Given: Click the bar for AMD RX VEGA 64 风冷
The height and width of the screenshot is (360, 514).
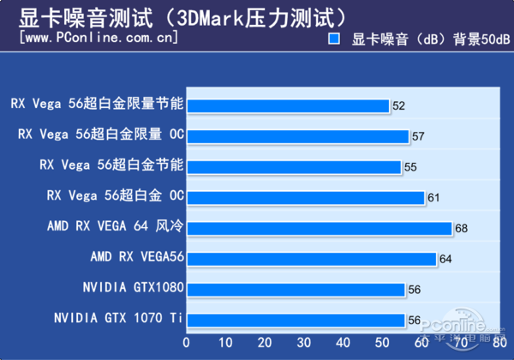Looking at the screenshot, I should (x=319, y=228).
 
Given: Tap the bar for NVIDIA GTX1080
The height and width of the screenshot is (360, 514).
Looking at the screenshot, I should (x=296, y=289).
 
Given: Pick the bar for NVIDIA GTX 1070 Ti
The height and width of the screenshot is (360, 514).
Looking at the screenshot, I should (x=296, y=320).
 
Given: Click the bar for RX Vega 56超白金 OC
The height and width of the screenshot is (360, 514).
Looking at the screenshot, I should (x=305, y=197).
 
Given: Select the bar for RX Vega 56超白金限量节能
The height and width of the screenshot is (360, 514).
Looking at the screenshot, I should (x=288, y=105).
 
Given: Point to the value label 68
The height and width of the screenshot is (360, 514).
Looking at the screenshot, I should (x=461, y=229).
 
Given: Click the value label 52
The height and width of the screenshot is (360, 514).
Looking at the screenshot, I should (x=398, y=106).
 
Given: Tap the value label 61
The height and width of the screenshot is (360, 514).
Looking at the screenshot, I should (x=433, y=198).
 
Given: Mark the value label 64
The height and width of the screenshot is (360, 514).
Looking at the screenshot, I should (x=445, y=259).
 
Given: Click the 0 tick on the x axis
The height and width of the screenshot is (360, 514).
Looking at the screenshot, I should (x=187, y=342).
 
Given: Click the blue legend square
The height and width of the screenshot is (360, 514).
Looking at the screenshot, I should (x=335, y=39).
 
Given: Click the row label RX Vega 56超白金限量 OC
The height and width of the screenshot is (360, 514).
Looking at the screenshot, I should (x=101, y=135).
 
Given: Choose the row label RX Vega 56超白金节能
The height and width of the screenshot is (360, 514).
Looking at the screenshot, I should (x=112, y=165).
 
